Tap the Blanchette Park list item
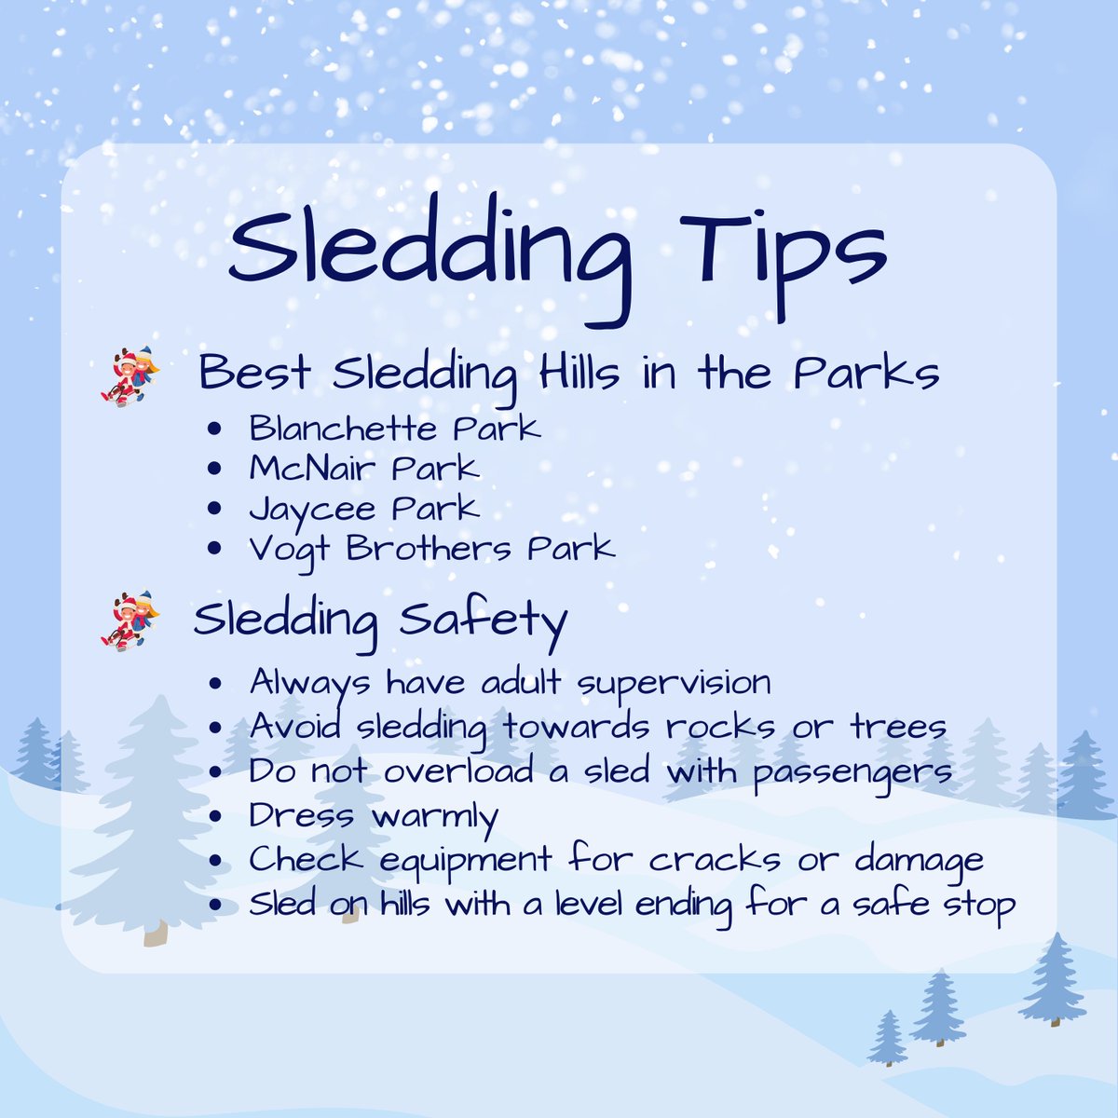click(x=394, y=429)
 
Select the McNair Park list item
click(x=363, y=468)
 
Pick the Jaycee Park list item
click(x=363, y=509)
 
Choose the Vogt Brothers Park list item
click(x=431, y=548)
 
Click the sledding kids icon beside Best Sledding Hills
click(x=130, y=375)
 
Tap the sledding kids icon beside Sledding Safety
click(x=130, y=620)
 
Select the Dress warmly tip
click(x=373, y=816)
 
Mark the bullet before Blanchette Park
click(x=216, y=430)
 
